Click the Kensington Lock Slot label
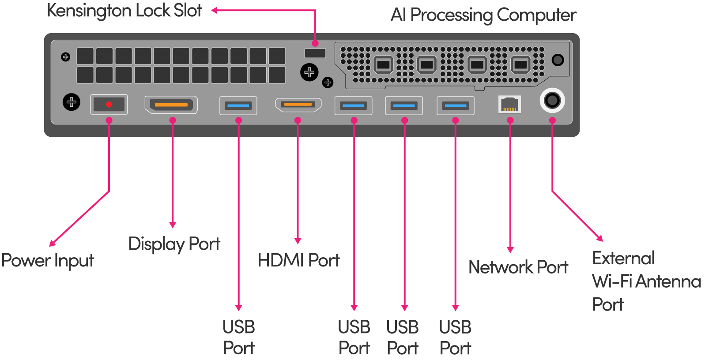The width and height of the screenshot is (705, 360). pyautogui.click(x=124, y=11)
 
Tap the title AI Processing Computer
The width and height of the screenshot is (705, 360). pyautogui.click(x=483, y=15)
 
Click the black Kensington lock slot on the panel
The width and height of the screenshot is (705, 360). pyautogui.click(x=315, y=53)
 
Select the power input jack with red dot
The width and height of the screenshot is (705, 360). pyautogui.click(x=109, y=105)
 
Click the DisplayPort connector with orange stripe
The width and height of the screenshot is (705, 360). pyautogui.click(x=171, y=105)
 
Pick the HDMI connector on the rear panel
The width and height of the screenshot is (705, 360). pyautogui.click(x=298, y=105)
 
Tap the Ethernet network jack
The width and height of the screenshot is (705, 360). pyautogui.click(x=509, y=105)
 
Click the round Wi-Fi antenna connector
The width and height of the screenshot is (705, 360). pyautogui.click(x=552, y=101)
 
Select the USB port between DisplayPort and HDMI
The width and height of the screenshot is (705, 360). pyautogui.click(x=238, y=105)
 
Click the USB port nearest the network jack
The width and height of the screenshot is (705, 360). pyautogui.click(x=456, y=105)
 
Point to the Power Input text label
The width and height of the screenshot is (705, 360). pyautogui.click(x=48, y=260)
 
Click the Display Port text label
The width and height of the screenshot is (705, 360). pyautogui.click(x=174, y=244)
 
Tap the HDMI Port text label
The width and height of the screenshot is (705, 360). pyautogui.click(x=298, y=260)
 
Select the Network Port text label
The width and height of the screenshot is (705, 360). pyautogui.click(x=518, y=267)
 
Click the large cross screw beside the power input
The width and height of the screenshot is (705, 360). pyautogui.click(x=71, y=102)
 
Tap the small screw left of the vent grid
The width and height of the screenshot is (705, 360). pyautogui.click(x=66, y=57)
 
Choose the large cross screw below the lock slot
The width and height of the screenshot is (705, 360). pyautogui.click(x=309, y=72)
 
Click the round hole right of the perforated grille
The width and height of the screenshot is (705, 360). pyautogui.click(x=558, y=60)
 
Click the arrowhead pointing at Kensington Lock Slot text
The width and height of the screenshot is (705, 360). pyautogui.click(x=214, y=11)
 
